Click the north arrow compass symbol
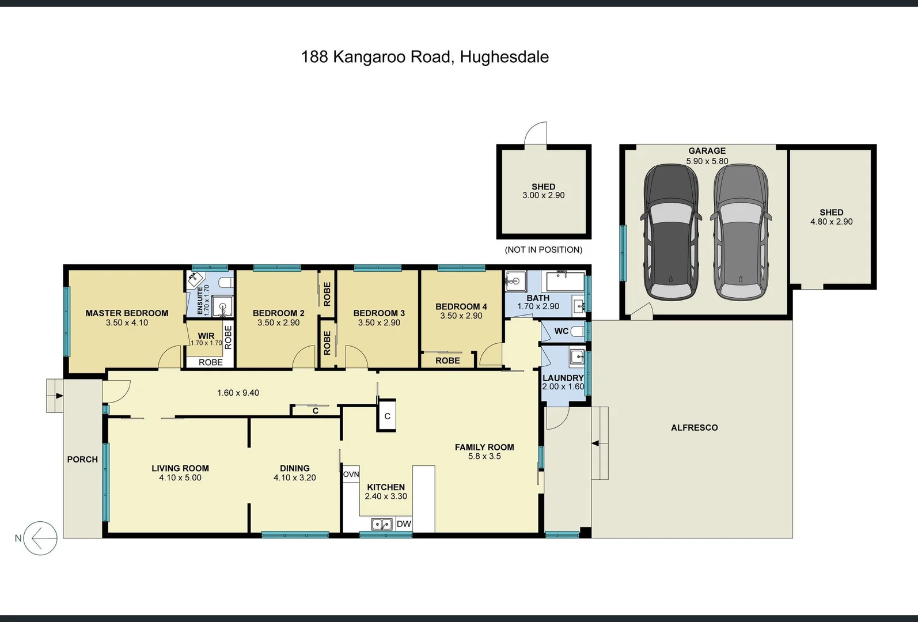click(40, 538)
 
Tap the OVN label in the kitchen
click(351, 475)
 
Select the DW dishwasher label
click(404, 524)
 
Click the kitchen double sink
click(381, 524)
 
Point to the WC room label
click(561, 331)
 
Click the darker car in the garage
click(671, 232)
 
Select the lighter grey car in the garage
click(741, 232)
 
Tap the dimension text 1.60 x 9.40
click(238, 393)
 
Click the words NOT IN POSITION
click(543, 249)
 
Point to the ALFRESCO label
click(694, 427)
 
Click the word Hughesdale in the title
click(504, 57)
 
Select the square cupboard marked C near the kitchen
click(387, 416)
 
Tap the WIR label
click(206, 336)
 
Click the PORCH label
click(82, 459)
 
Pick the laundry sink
click(576, 357)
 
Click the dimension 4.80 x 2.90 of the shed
click(831, 222)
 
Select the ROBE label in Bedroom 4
click(447, 361)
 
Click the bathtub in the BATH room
click(565, 282)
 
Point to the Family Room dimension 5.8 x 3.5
click(484, 456)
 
